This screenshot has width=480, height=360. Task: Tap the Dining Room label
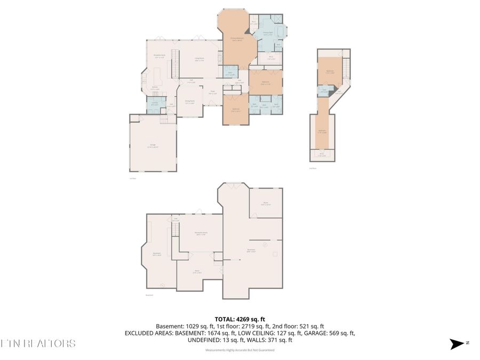189,102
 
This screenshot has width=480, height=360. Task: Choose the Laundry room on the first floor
154,104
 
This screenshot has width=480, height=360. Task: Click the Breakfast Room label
159,56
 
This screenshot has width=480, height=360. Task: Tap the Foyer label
212,93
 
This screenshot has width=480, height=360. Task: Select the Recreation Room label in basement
201,234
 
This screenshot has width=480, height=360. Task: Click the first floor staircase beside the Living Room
173,68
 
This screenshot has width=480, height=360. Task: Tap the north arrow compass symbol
458,344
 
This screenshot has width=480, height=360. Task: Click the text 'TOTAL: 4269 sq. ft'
239,318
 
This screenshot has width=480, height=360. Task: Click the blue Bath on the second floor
324,91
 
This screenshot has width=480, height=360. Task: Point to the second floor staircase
346,67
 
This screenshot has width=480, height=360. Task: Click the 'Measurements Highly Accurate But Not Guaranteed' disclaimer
239,350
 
